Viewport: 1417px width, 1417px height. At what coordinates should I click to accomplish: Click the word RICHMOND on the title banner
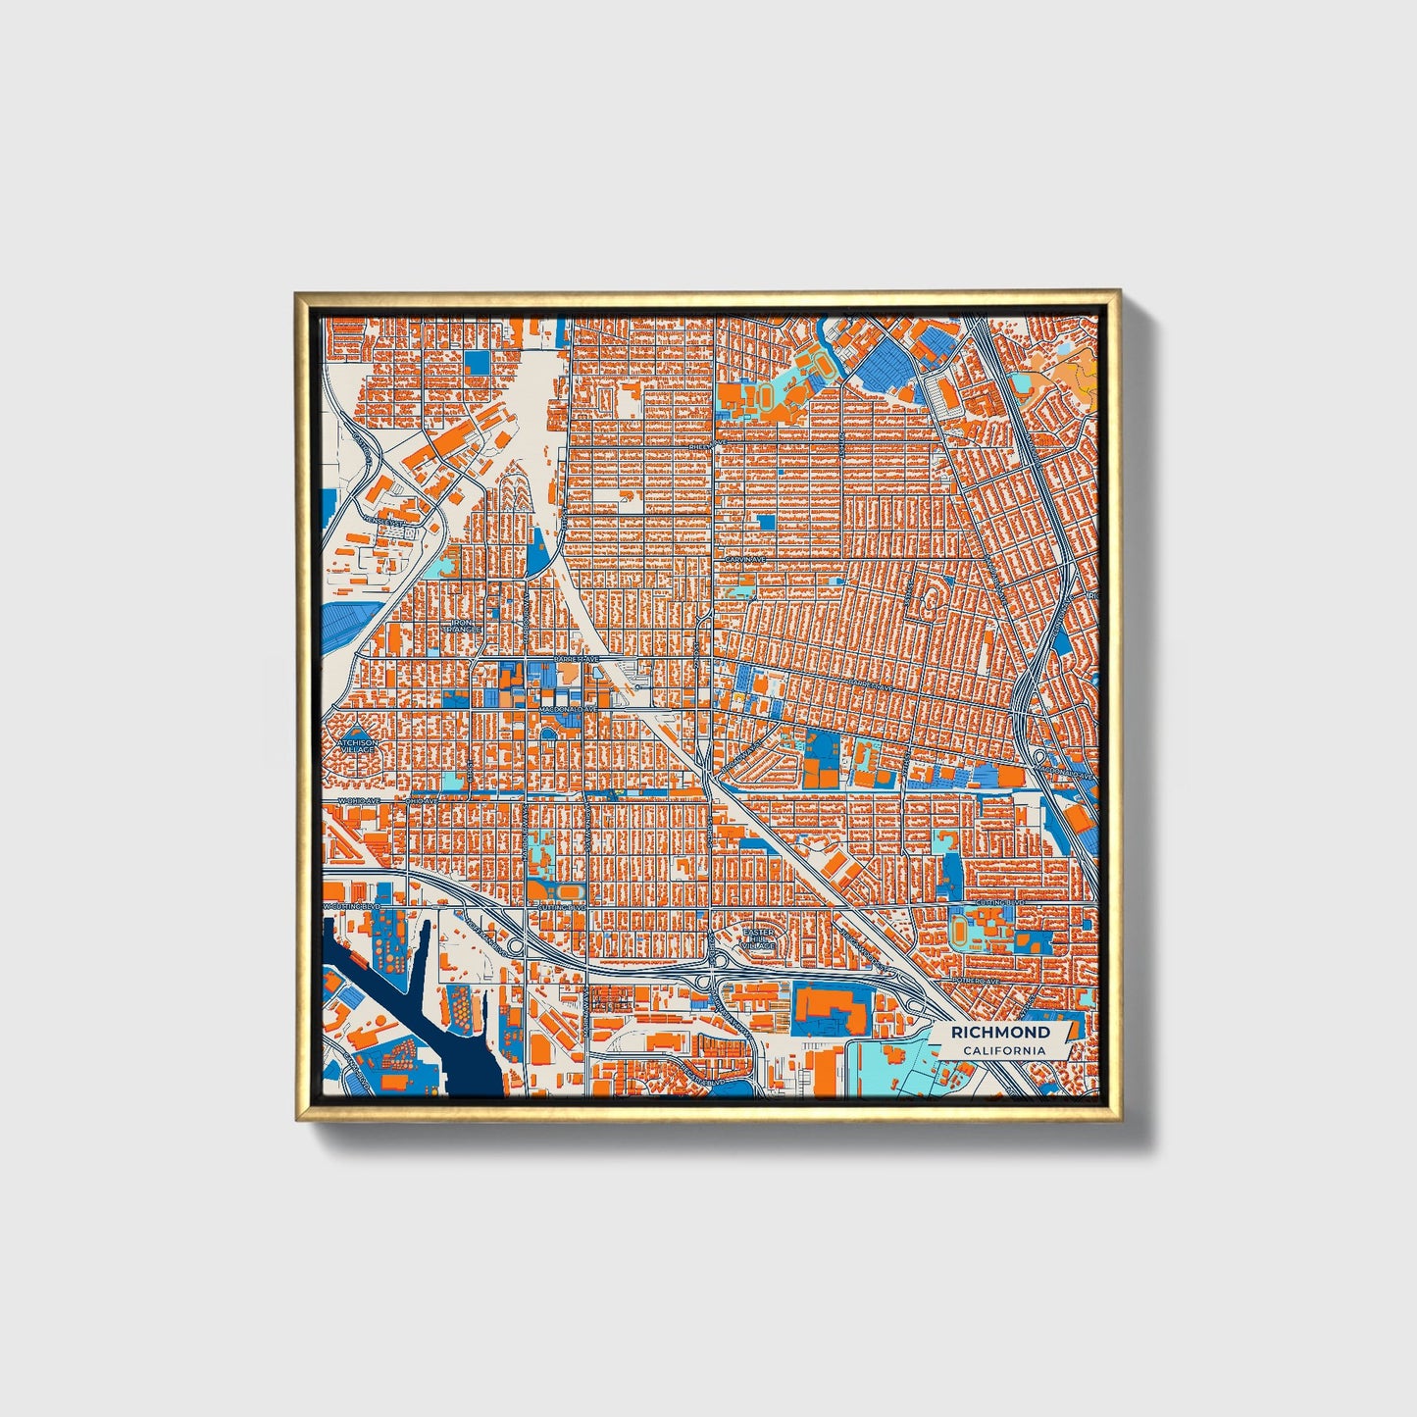tap(1000, 1033)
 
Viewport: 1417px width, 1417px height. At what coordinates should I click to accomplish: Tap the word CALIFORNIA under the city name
tap(1003, 1051)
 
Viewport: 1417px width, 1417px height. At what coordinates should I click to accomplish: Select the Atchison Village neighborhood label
tap(356, 747)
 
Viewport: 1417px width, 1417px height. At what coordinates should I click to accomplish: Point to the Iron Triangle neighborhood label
tap(463, 625)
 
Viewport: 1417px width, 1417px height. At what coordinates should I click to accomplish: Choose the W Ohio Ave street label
tap(358, 801)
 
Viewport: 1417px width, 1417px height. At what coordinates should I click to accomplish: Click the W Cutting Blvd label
tap(353, 908)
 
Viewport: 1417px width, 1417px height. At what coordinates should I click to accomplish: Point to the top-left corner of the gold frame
tap(297, 293)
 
